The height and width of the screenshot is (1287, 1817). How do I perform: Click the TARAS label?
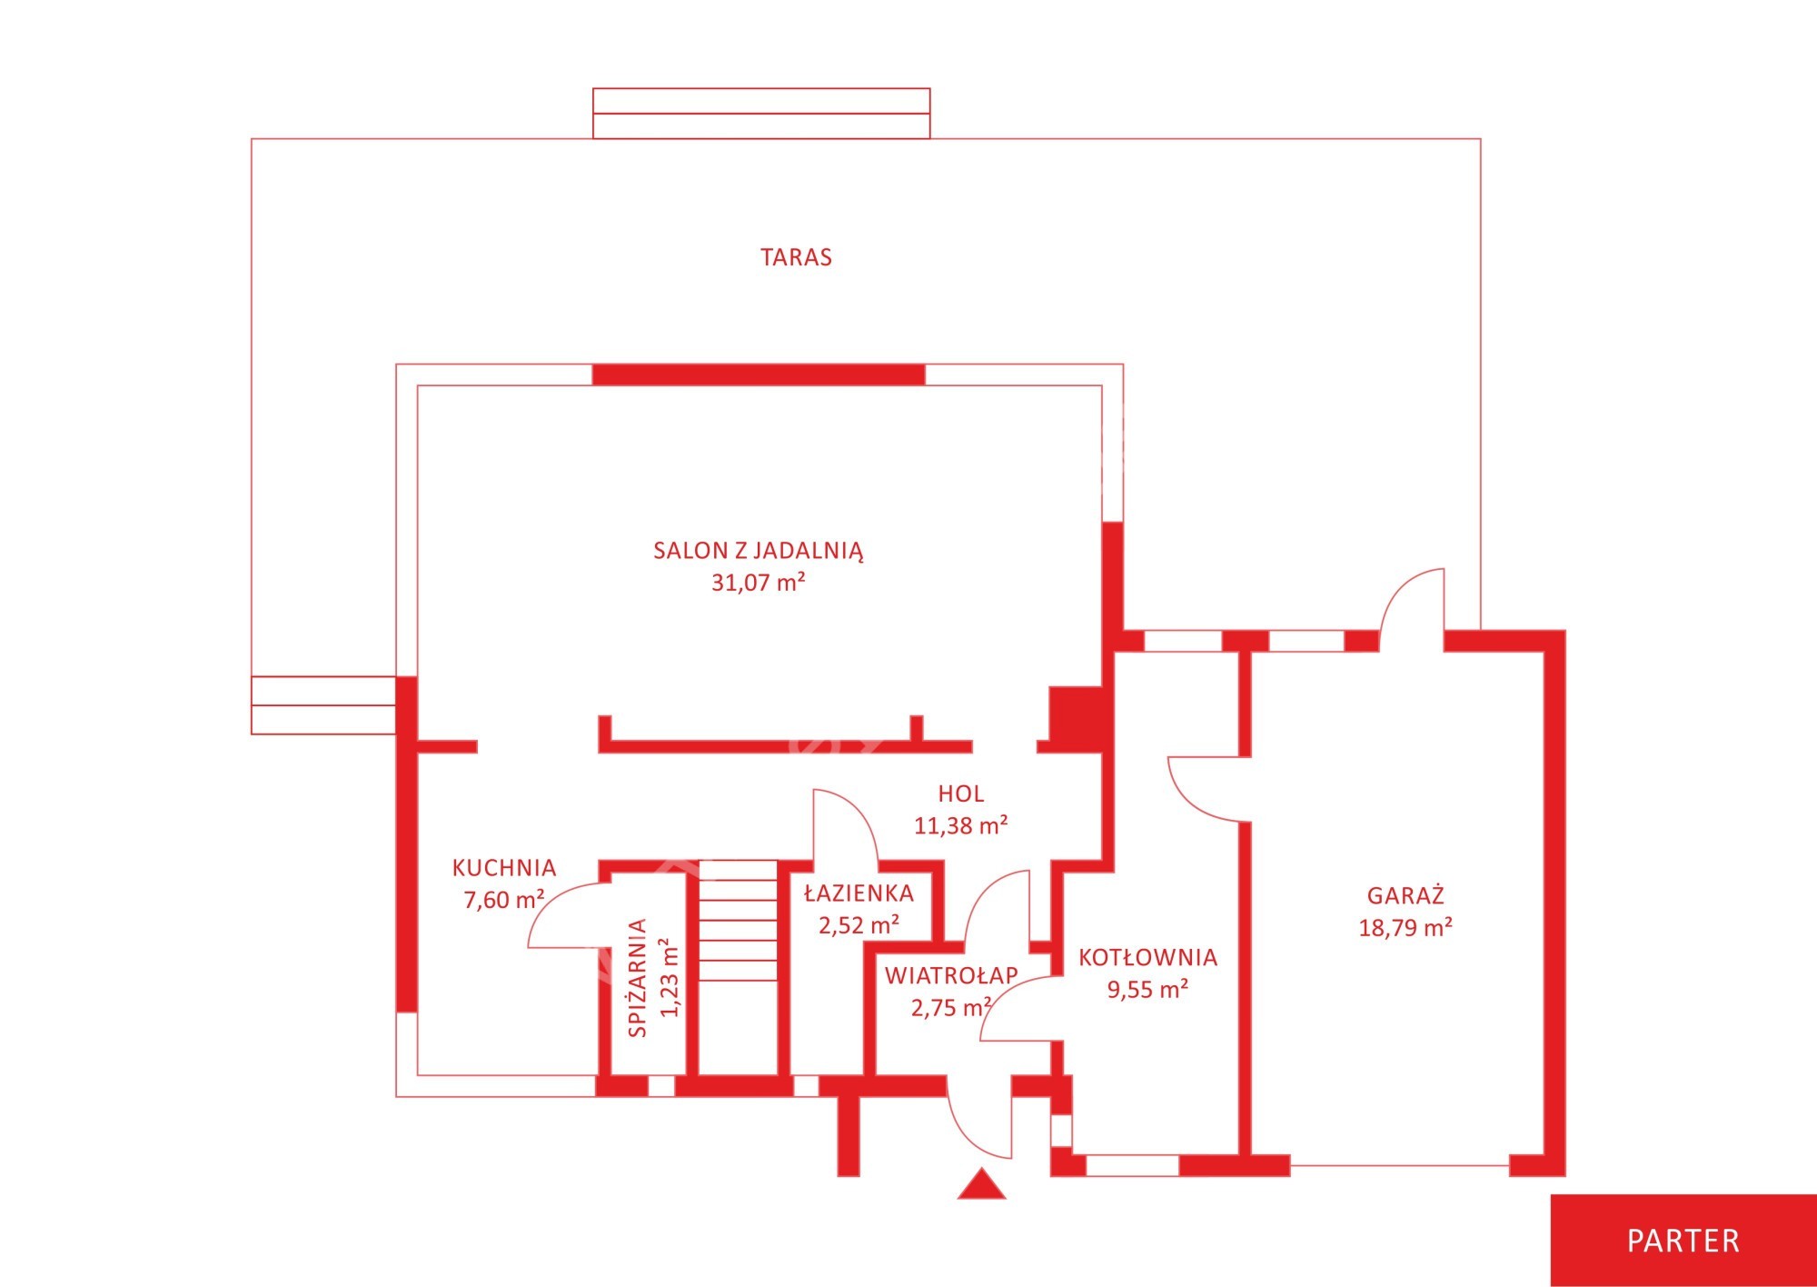click(x=796, y=257)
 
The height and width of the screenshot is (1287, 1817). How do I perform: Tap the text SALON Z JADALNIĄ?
click(x=758, y=551)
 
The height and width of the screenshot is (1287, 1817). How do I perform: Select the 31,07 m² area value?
click(x=758, y=583)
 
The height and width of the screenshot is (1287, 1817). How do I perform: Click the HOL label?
click(x=960, y=793)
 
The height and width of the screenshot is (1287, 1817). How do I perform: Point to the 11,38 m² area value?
click(x=960, y=825)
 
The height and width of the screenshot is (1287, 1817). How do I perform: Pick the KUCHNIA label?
click(x=503, y=868)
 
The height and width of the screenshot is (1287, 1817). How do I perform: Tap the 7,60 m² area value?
click(x=503, y=900)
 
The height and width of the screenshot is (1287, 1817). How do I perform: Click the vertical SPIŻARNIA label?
click(x=638, y=978)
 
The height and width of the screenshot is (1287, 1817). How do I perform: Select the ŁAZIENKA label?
click(x=859, y=893)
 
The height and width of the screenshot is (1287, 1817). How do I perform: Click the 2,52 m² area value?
click(x=859, y=925)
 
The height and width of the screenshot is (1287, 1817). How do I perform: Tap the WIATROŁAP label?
click(x=951, y=976)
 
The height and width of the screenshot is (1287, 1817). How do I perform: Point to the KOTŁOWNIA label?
click(x=1147, y=957)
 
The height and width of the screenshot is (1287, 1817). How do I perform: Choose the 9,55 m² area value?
click(x=1147, y=989)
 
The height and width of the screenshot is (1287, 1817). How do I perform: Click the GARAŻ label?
click(x=1405, y=896)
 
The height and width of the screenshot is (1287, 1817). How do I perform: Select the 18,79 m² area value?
click(x=1405, y=928)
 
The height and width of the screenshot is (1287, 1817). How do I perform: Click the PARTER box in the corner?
click(x=1683, y=1241)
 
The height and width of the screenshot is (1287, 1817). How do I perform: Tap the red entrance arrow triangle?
click(x=981, y=1185)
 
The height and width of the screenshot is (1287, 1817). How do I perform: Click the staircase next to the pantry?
click(x=738, y=967)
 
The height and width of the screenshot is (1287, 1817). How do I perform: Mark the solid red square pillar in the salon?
click(x=1077, y=714)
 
